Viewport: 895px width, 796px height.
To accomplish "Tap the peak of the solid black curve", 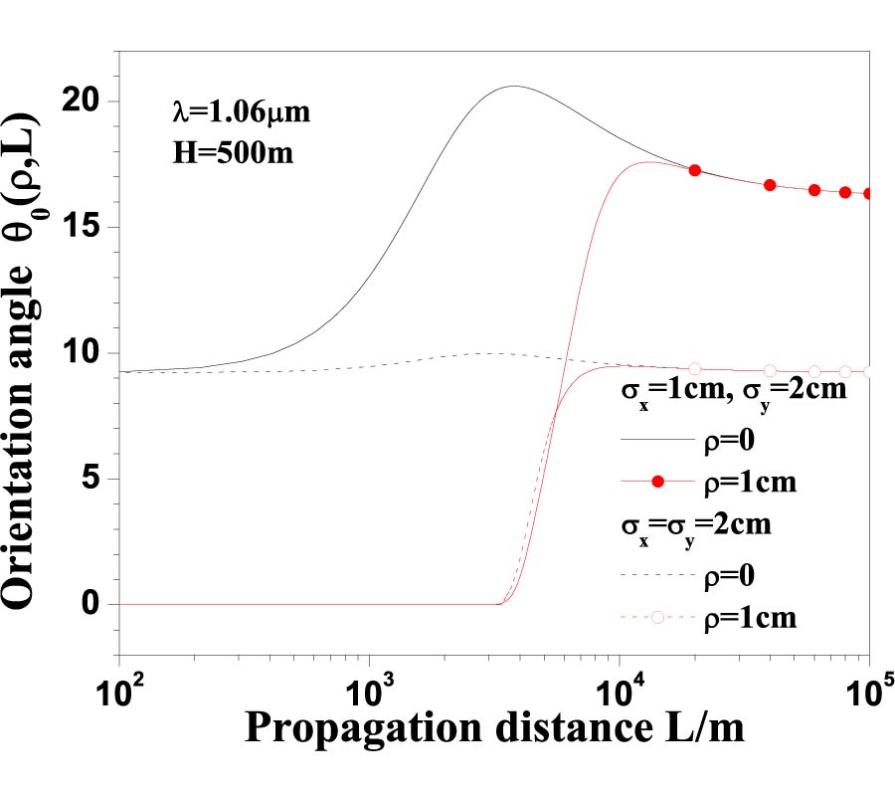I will pos(514,86).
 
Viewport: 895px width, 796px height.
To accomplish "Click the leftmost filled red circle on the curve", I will pos(695,170).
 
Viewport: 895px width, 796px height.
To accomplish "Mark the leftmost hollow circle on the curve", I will pos(695,369).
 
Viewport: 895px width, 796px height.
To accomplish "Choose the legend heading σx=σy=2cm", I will pos(696,526).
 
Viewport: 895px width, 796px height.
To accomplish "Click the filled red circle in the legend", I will pos(656,483).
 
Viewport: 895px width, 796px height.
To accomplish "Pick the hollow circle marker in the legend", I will pos(656,618).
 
